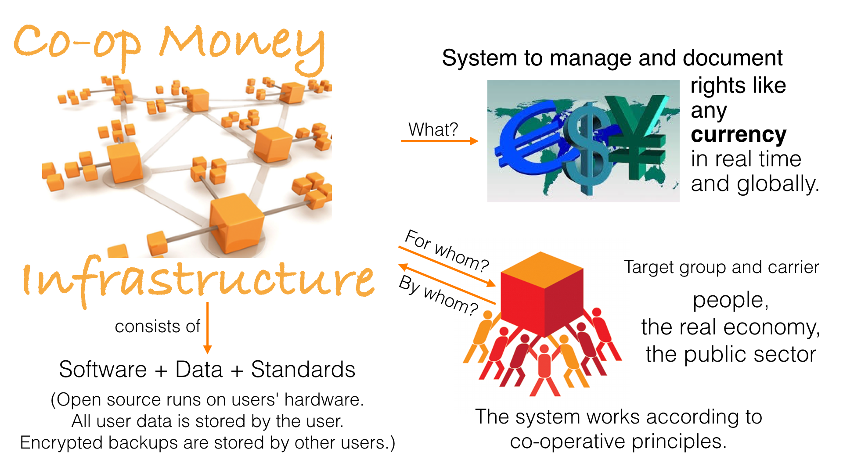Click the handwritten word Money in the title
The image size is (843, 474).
click(x=241, y=44)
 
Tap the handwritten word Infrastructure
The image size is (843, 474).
click(x=198, y=281)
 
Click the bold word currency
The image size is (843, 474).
click(x=739, y=134)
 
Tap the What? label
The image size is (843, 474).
click(x=433, y=129)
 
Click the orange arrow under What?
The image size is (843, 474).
click(x=439, y=141)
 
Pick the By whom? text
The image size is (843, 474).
click(x=438, y=295)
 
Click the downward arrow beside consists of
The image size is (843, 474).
click(x=208, y=327)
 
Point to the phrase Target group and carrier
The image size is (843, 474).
click(x=721, y=267)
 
